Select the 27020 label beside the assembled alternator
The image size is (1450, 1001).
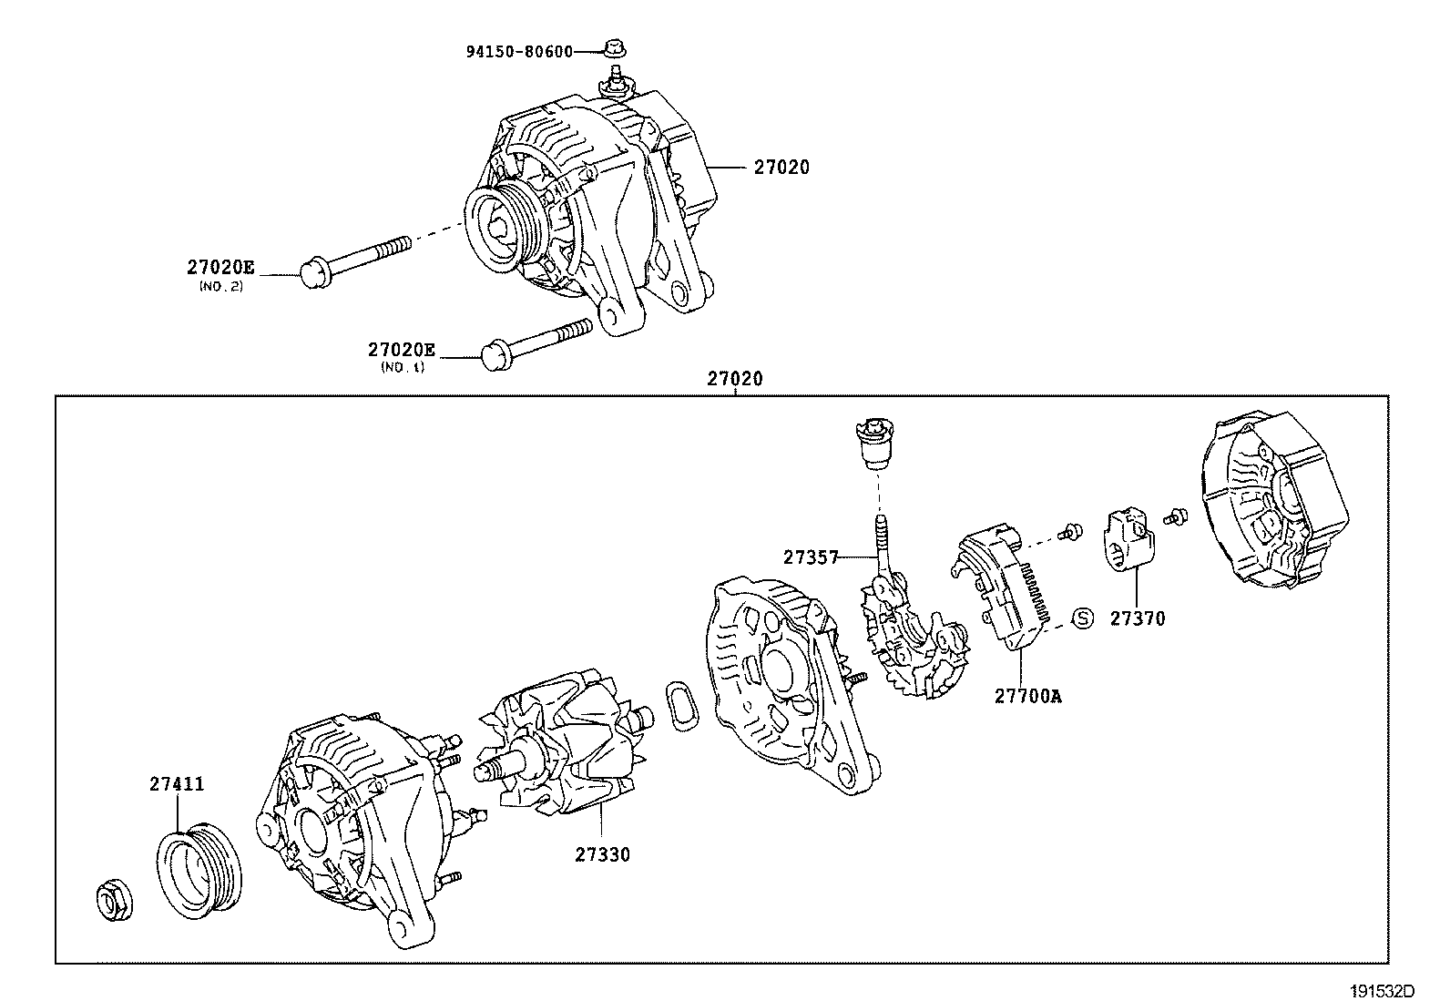click(x=781, y=168)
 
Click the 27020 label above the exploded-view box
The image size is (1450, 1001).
click(x=735, y=378)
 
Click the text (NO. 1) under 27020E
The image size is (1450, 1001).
click(x=402, y=367)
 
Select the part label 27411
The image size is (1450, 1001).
click(x=177, y=783)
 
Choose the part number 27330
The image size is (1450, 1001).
click(x=602, y=854)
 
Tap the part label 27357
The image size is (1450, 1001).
click(x=810, y=557)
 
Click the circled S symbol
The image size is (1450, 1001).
click(x=1081, y=618)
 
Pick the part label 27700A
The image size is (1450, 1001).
click(x=1027, y=697)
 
